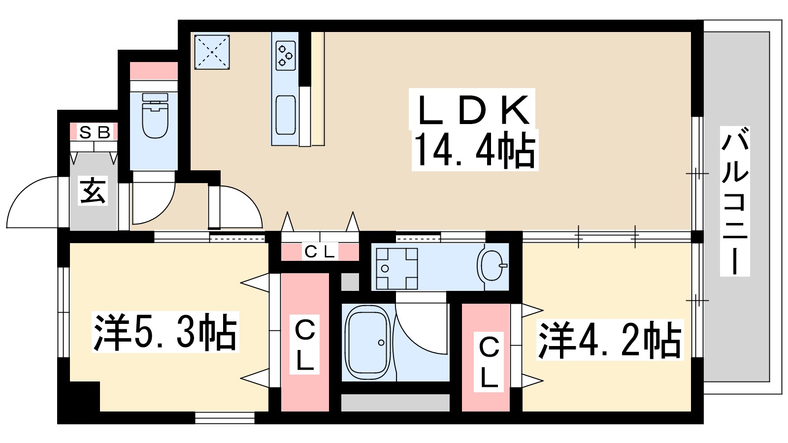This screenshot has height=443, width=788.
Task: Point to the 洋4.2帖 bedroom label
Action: (610, 340)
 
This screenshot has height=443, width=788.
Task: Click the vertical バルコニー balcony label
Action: (735, 201)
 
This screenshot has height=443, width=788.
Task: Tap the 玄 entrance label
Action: (93, 191)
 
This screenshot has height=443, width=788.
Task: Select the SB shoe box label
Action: (94, 132)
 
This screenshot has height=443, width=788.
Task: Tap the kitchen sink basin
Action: (286, 115)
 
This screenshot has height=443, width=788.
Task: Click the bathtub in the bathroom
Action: (368, 342)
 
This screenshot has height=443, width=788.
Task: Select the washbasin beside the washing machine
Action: (492, 266)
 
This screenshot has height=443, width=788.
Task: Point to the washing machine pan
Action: (396, 268)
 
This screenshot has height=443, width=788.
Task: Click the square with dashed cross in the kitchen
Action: (212, 52)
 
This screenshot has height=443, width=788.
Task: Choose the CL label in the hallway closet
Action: (320, 252)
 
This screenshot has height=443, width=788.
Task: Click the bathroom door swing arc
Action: (423, 327)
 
